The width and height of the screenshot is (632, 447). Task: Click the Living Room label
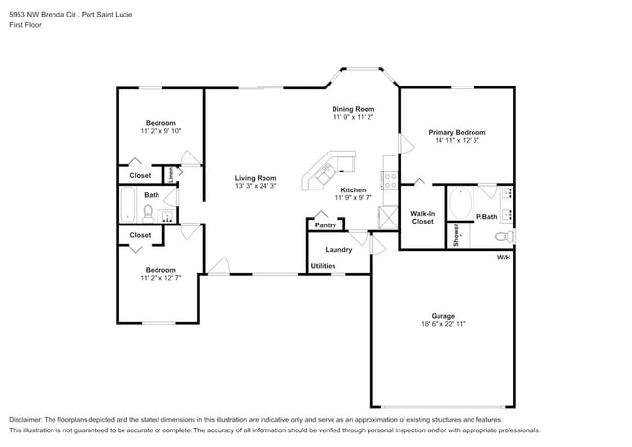click(x=256, y=178)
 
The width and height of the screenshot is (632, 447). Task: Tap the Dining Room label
click(x=353, y=109)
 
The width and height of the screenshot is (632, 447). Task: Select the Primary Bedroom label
click(x=456, y=132)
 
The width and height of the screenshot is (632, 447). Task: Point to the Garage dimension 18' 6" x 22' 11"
click(x=442, y=324)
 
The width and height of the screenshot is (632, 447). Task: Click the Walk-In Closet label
click(x=422, y=217)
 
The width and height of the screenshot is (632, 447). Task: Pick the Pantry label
click(x=325, y=225)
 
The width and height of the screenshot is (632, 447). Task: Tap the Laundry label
click(x=338, y=249)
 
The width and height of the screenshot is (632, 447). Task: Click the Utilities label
click(x=323, y=265)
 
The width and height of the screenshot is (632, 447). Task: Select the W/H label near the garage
click(x=503, y=258)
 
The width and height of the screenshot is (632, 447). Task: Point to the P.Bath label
click(x=486, y=216)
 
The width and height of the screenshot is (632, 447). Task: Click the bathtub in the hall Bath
click(x=128, y=204)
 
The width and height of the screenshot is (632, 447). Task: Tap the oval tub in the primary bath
click(x=460, y=204)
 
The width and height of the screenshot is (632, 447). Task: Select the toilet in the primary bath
click(x=502, y=236)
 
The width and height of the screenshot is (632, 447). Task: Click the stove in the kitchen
click(x=390, y=180)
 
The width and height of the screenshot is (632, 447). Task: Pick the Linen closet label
click(x=170, y=175)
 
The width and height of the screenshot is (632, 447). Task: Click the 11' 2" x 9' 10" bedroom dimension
click(x=160, y=131)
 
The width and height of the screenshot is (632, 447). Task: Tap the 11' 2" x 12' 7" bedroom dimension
click(x=160, y=278)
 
